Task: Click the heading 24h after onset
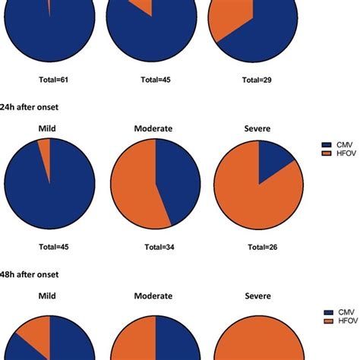pos(31,106)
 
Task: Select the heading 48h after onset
pos(31,274)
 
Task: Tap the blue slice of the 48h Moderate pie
pos(175,342)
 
